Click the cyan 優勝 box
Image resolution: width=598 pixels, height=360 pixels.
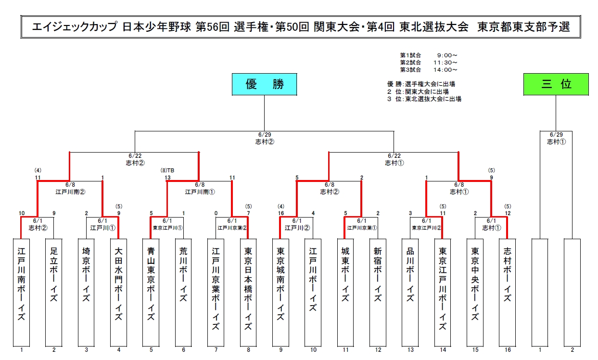tap(264, 84)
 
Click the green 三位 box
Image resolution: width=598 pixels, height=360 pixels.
tap(556, 84)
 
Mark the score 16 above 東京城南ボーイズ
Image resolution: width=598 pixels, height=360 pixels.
tap(280, 213)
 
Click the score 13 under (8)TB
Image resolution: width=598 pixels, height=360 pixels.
tap(167, 178)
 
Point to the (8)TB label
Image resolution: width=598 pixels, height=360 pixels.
tap(167, 170)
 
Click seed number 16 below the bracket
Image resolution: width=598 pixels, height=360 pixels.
tap(507, 350)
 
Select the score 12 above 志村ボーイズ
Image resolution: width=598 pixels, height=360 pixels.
tap(507, 213)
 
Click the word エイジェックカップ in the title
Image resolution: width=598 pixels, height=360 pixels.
tap(74, 27)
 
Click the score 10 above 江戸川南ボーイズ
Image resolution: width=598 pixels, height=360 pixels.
tap(22, 213)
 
